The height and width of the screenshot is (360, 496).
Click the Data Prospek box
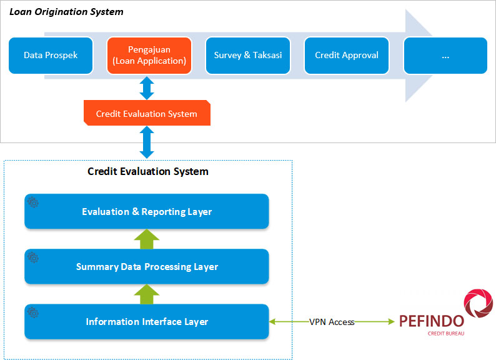51,55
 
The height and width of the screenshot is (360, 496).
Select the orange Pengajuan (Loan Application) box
148,55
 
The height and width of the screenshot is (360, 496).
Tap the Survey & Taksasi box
247,55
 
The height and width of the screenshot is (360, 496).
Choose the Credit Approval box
346,55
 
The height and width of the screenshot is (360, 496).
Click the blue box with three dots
445,55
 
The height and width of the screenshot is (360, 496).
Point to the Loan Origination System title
66,12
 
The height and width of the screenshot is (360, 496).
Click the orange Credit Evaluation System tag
147,114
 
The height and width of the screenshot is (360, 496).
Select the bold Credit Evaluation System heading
148,171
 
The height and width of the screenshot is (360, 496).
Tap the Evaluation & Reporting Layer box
147,212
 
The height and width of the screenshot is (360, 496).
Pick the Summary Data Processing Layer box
147,267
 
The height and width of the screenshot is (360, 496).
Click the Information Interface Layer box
147,322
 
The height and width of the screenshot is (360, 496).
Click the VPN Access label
332,322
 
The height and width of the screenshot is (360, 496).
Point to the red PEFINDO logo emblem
478,304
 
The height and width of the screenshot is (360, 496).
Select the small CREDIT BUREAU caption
446,334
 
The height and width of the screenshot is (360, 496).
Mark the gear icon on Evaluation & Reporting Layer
33,202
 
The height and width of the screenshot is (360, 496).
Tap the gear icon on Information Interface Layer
33,312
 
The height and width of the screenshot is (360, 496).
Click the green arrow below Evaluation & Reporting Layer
147,239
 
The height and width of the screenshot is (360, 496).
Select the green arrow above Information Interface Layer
147,294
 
